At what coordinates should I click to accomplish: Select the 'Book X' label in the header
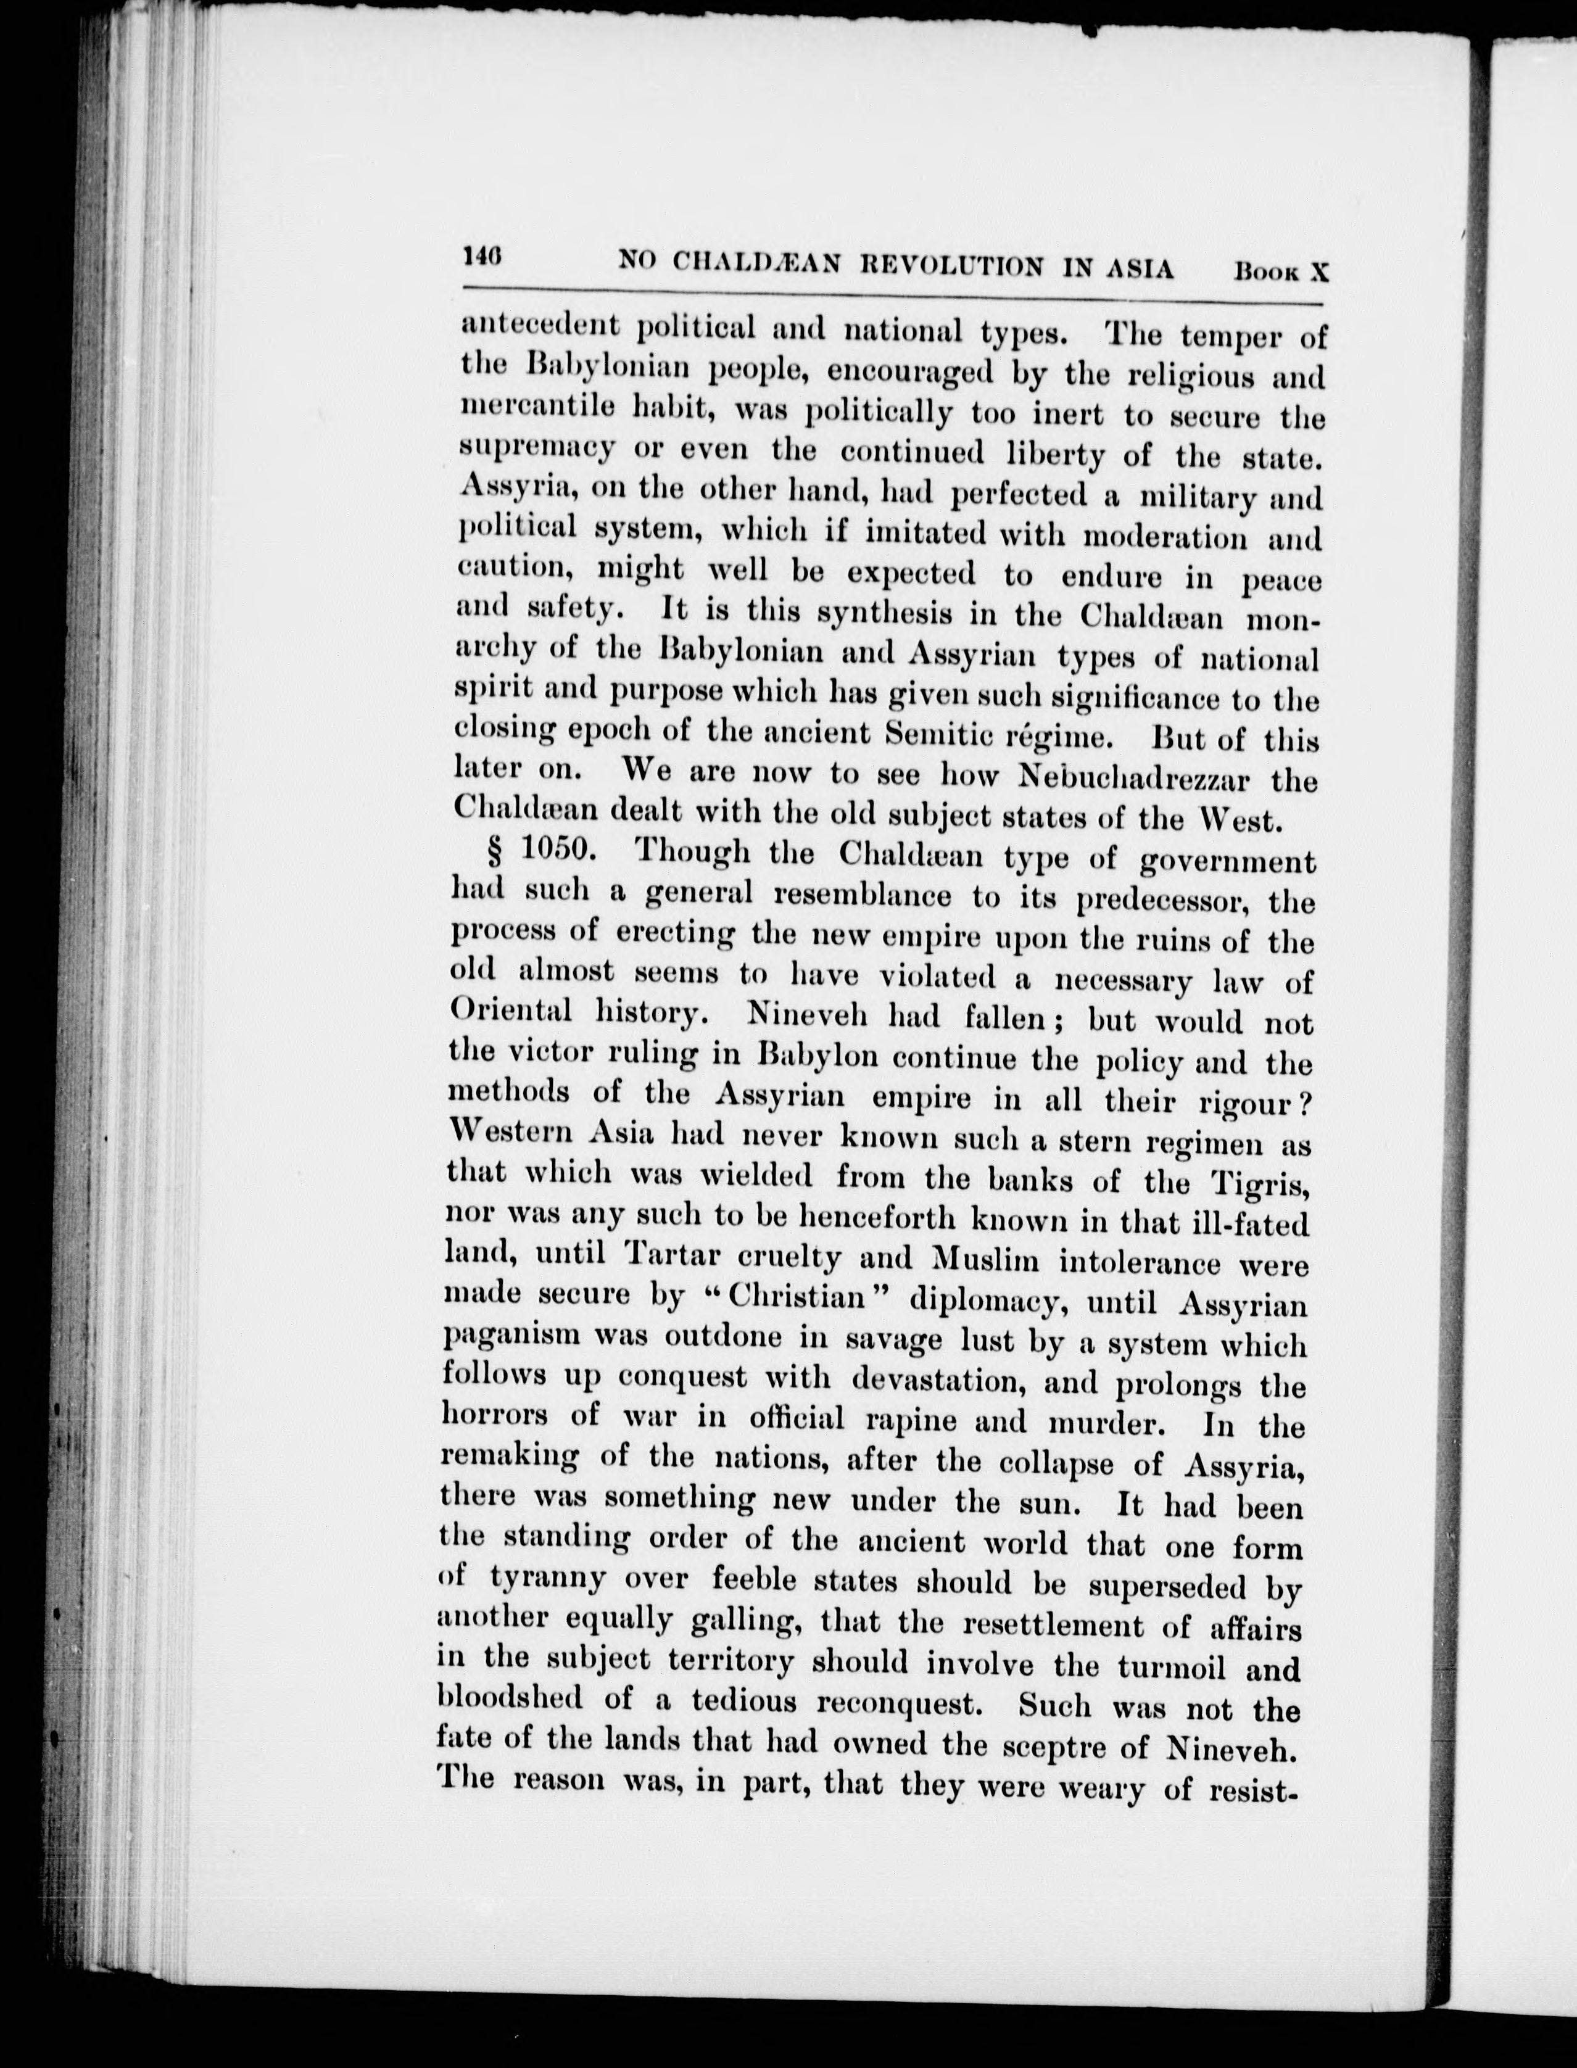point(1282,271)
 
